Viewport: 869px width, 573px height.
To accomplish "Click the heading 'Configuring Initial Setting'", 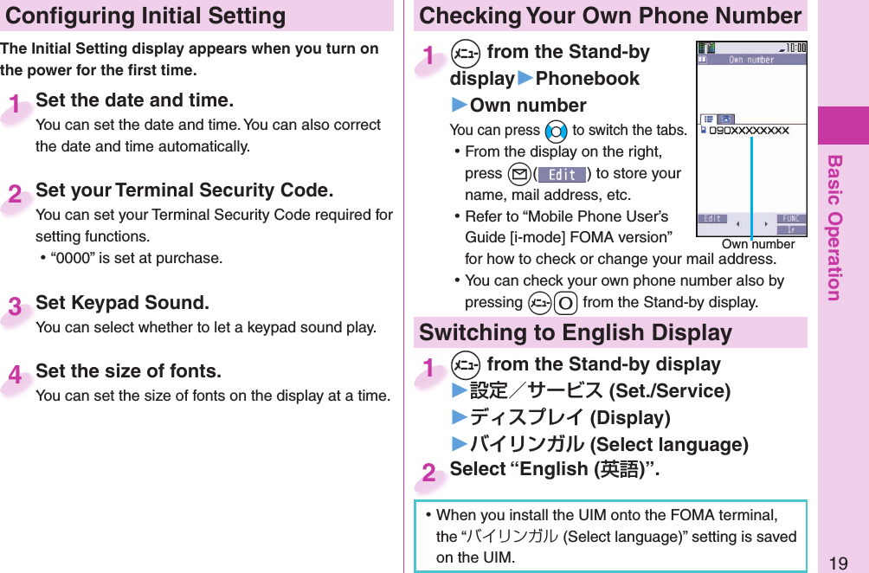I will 145,16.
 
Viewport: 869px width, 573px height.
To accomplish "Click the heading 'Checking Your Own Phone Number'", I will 610,16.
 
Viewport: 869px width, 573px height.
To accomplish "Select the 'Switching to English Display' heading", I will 576,332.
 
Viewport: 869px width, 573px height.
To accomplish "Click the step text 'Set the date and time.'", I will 134,100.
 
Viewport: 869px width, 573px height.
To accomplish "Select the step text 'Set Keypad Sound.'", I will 122,303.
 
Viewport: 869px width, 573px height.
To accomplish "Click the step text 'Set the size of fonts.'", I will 128,371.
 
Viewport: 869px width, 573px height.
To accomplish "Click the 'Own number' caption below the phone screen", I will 758,245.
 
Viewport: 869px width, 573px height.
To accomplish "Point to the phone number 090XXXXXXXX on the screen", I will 749,131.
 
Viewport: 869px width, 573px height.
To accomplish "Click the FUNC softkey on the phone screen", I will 790,219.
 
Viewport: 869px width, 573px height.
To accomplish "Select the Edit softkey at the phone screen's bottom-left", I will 713,219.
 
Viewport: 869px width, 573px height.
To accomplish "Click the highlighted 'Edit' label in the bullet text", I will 561,174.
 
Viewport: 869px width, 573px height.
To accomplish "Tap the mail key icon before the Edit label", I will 518,174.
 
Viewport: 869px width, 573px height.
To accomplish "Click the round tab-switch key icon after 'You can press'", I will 556,132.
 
